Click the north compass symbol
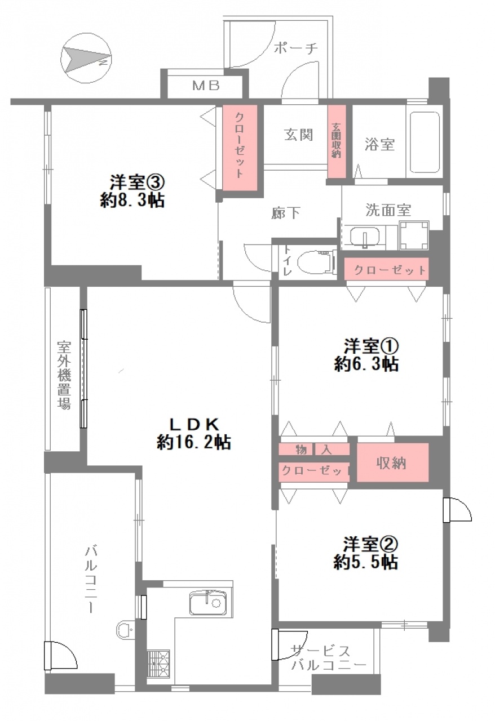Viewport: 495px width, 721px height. (86, 58)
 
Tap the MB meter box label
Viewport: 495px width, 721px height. (206, 86)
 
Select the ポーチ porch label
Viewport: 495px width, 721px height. (296, 48)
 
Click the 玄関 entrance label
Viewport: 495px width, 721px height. (298, 135)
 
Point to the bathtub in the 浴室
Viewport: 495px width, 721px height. (425, 143)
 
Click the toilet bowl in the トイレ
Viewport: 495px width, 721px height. (316, 262)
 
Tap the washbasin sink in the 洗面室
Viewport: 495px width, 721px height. (364, 237)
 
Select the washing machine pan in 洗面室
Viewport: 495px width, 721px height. (414, 235)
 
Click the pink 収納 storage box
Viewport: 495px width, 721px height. (392, 462)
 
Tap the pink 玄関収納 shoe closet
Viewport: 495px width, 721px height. (337, 141)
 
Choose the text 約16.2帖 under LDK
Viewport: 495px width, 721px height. (194, 442)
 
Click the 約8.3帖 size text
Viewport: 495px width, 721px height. (132, 201)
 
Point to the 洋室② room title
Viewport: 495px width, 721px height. (370, 544)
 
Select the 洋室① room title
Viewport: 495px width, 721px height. (371, 346)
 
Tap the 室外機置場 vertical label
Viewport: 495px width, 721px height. (64, 375)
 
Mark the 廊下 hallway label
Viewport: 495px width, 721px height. (285, 213)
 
